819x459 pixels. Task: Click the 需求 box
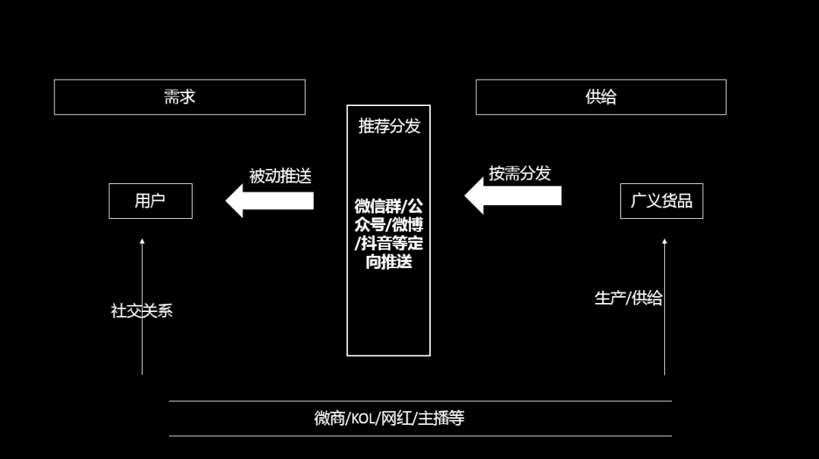coord(180,97)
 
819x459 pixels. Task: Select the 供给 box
coord(601,97)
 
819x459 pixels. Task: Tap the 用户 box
coord(150,201)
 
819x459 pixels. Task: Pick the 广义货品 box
coord(661,201)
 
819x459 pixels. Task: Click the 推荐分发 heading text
coord(389,126)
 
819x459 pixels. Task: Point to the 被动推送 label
coord(280,176)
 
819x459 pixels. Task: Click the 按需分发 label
coord(519,173)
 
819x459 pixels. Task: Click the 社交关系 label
coord(142,311)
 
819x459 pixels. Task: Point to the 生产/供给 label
coord(628,298)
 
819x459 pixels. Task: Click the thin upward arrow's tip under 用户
coord(142,242)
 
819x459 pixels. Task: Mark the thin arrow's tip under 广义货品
coord(664,242)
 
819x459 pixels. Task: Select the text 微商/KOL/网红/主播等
coord(389,418)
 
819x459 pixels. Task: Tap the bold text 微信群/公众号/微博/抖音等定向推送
coord(389,234)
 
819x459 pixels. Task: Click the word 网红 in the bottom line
coord(397,418)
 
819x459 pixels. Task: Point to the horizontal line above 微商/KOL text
coord(420,401)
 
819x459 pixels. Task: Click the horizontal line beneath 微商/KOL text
coord(420,436)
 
